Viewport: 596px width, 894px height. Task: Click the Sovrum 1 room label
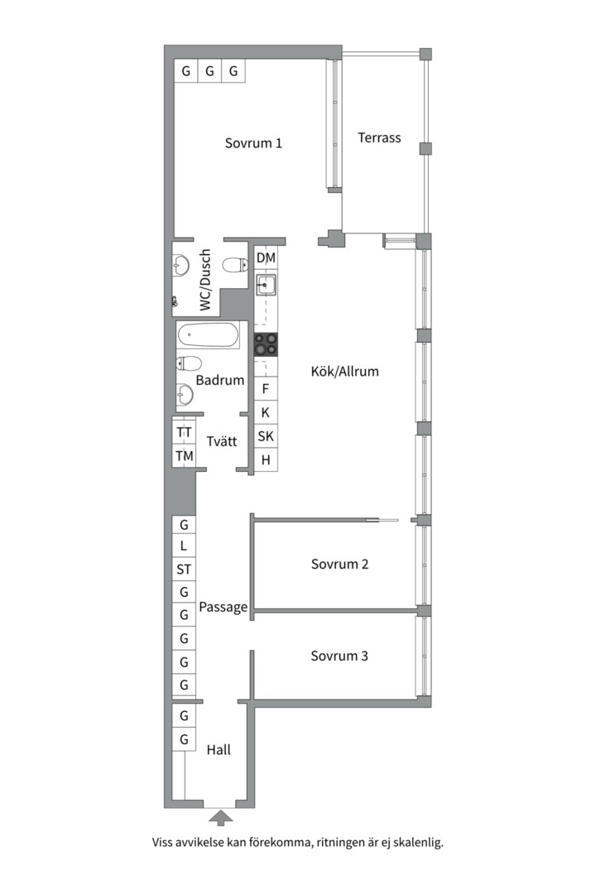point(253,143)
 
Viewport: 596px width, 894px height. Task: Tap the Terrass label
point(379,137)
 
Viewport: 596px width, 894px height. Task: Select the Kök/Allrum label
point(344,371)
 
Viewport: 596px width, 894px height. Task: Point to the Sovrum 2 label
point(339,564)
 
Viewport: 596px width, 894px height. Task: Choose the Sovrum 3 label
point(339,656)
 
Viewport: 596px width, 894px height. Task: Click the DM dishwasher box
point(266,257)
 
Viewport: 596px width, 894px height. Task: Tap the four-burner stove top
point(266,344)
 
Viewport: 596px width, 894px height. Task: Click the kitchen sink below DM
point(266,284)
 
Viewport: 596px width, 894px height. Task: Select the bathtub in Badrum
point(208,335)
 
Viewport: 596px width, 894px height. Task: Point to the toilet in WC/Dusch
point(235,265)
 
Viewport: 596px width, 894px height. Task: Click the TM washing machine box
point(185,455)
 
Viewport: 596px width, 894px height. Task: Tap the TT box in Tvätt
point(185,432)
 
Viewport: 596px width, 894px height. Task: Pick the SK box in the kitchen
point(266,436)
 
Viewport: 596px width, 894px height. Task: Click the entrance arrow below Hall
point(221,819)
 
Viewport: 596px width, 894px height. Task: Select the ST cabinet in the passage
point(184,569)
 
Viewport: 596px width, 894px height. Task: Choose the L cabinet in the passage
point(184,546)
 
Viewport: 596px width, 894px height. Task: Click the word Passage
point(223,608)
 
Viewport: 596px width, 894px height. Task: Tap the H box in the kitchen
point(266,459)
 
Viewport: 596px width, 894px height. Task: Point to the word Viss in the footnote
point(162,842)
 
